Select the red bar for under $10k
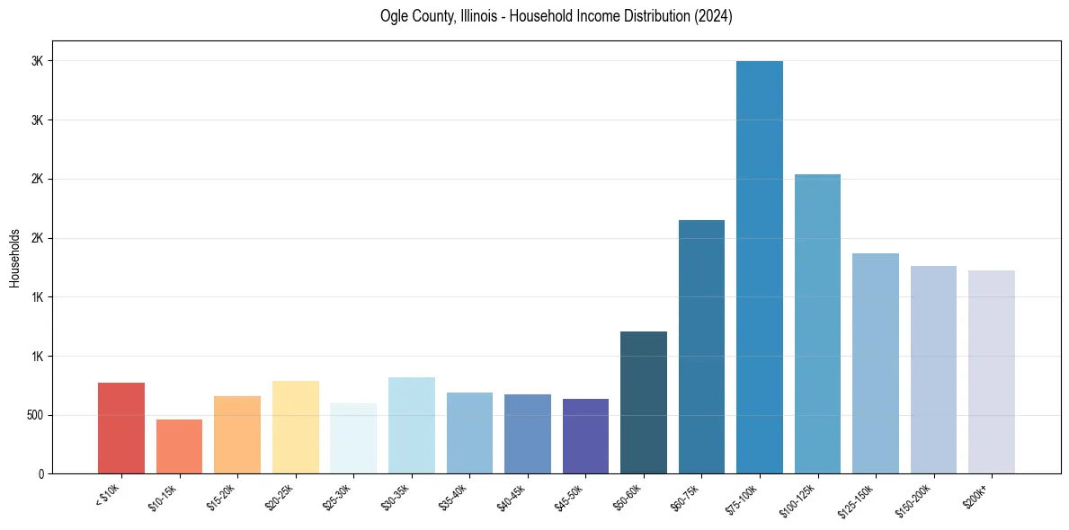tap(121, 428)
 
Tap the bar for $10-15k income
tap(179, 446)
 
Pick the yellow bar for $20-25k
tap(296, 427)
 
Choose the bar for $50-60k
tap(644, 402)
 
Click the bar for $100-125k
tap(817, 323)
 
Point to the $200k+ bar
tap(992, 372)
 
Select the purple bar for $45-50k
tap(585, 436)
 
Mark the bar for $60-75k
tap(701, 347)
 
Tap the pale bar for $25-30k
tap(353, 438)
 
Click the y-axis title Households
tap(15, 257)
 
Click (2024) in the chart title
tap(713, 16)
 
